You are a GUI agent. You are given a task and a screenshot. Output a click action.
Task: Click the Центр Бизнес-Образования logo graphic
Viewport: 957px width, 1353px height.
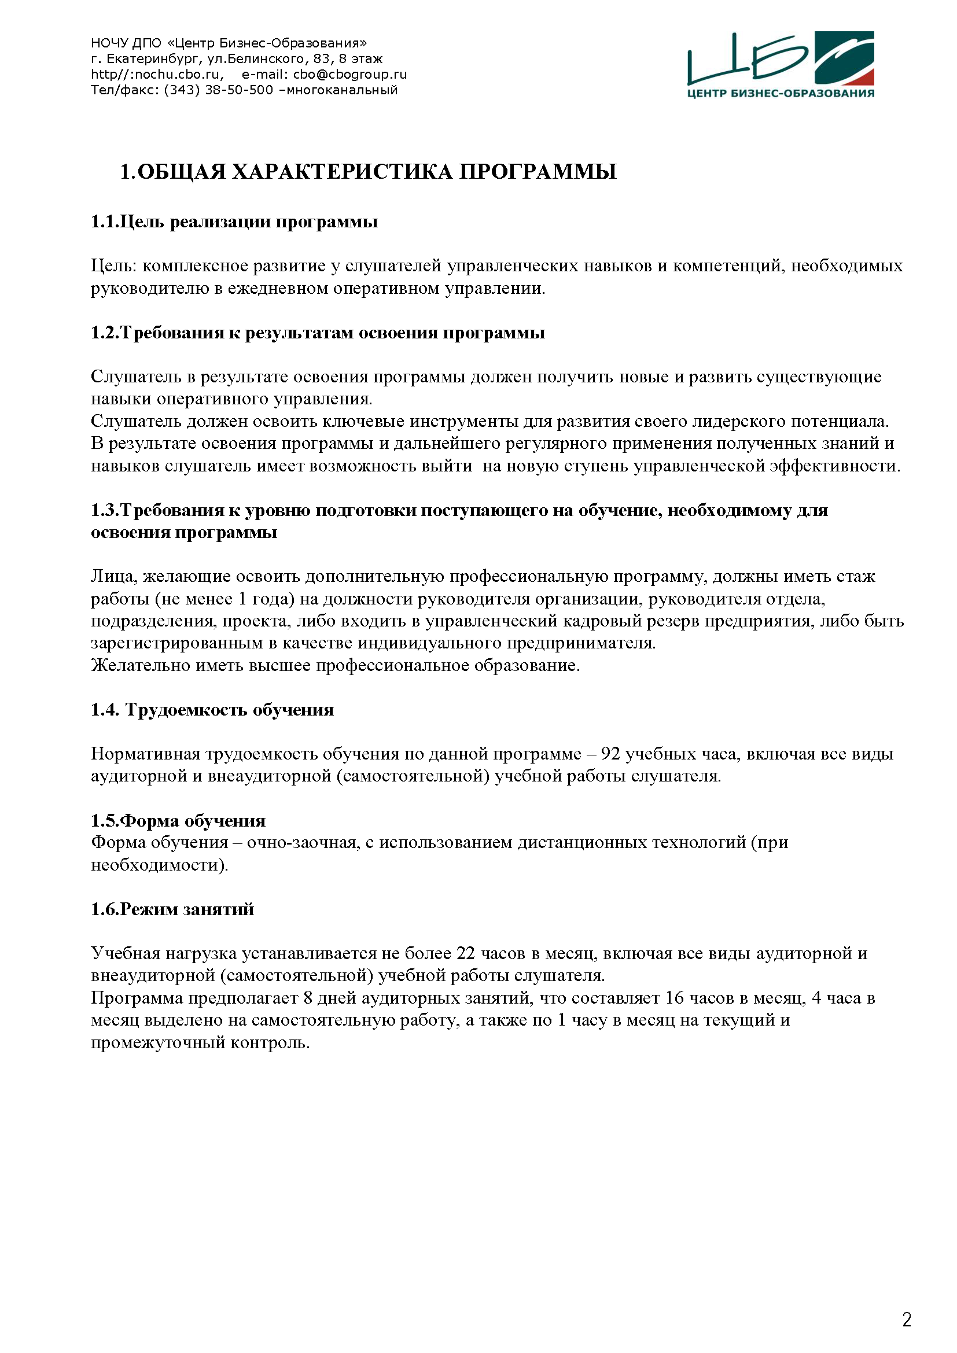tap(780, 64)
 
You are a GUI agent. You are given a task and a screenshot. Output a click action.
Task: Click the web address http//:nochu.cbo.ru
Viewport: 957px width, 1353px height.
tap(157, 74)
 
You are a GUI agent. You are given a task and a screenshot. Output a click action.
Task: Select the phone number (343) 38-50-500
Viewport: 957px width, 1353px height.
tap(219, 90)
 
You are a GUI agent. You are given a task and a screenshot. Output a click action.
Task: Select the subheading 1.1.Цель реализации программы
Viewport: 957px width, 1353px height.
tap(234, 222)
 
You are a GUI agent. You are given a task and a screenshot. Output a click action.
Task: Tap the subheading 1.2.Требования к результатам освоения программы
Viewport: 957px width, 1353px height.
tap(318, 333)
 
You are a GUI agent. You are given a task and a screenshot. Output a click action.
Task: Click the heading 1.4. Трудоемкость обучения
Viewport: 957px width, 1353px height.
tap(212, 710)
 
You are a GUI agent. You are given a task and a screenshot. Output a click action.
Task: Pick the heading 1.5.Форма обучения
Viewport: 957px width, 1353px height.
tap(178, 820)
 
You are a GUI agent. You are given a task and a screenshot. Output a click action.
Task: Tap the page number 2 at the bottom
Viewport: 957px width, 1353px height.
tap(906, 1319)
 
